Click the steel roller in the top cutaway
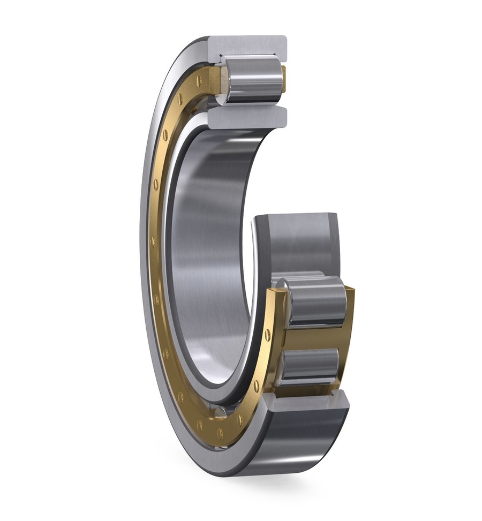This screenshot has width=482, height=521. click(253, 80)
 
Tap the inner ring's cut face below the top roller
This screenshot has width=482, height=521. click(247, 117)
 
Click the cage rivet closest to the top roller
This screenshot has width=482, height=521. click(199, 81)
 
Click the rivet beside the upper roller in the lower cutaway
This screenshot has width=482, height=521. click(267, 335)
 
